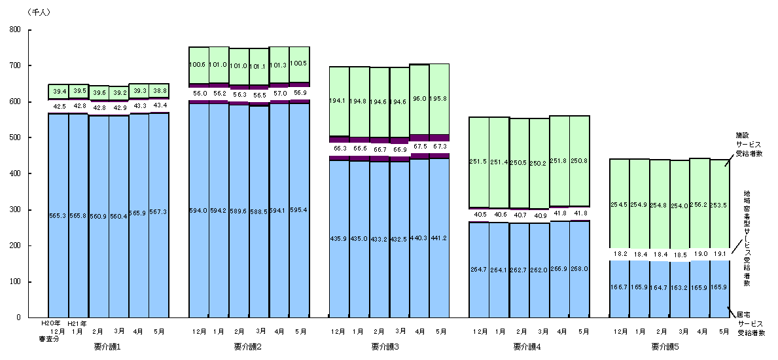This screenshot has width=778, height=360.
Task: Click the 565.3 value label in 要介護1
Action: coord(58,216)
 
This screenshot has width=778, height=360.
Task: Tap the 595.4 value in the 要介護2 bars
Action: coord(300,210)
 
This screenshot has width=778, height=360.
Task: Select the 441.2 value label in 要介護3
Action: coord(440,238)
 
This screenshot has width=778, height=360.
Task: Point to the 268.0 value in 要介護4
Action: coord(580,268)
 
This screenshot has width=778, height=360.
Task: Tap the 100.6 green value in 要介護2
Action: coord(198,65)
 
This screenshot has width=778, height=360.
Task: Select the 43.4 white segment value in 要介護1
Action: coord(159,105)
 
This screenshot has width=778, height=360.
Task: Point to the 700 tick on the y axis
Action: coord(15,65)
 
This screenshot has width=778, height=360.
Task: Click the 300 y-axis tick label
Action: coord(15,209)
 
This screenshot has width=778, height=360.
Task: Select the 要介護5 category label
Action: coord(664,346)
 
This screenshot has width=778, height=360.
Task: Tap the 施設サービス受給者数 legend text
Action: coord(749,145)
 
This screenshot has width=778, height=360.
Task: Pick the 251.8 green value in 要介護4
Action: coord(559,161)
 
